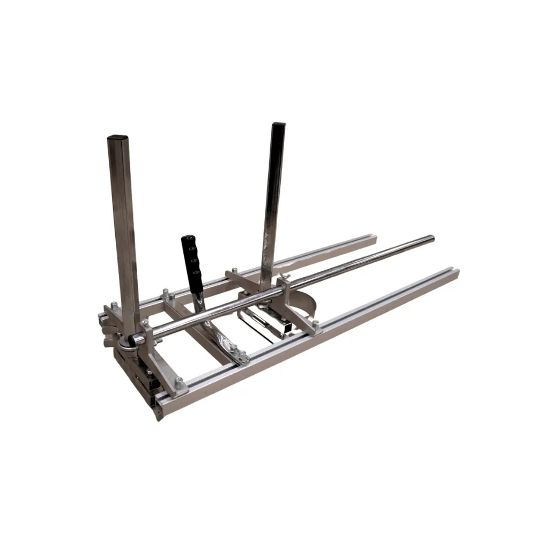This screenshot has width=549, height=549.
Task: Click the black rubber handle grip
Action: click(x=191, y=261)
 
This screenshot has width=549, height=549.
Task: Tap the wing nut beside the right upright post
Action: click(x=285, y=277)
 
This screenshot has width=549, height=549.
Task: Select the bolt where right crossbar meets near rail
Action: click(x=314, y=323)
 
